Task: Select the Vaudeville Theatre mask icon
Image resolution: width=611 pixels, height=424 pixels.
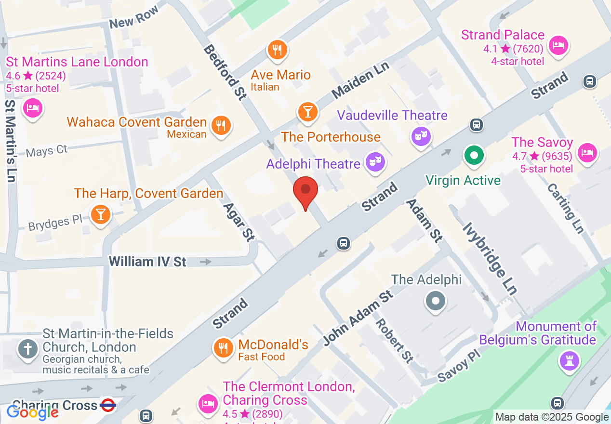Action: pos(420,136)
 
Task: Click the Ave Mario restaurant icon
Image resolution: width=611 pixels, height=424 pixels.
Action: pos(277,50)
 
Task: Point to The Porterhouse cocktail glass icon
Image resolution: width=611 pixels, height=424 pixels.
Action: pos(307,112)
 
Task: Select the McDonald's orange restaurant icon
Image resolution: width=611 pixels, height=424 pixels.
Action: pos(223,347)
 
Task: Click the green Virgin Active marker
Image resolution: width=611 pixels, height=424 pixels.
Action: pos(474,156)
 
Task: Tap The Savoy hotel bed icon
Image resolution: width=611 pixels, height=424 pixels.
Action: pos(587,153)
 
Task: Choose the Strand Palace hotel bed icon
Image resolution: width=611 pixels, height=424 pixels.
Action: pos(558,46)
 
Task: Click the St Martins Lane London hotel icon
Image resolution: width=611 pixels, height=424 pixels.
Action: pos(33,107)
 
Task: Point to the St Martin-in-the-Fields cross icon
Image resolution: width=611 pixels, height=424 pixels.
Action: pos(27,348)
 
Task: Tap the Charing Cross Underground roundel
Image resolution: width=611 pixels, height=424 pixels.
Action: pos(108,406)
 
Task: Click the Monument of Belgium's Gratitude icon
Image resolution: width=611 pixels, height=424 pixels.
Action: pos(569,359)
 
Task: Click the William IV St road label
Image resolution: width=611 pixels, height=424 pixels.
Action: pos(147,262)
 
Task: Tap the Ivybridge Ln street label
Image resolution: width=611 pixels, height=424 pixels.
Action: pos(489,258)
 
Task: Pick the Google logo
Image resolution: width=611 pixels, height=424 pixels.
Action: pos(32,412)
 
